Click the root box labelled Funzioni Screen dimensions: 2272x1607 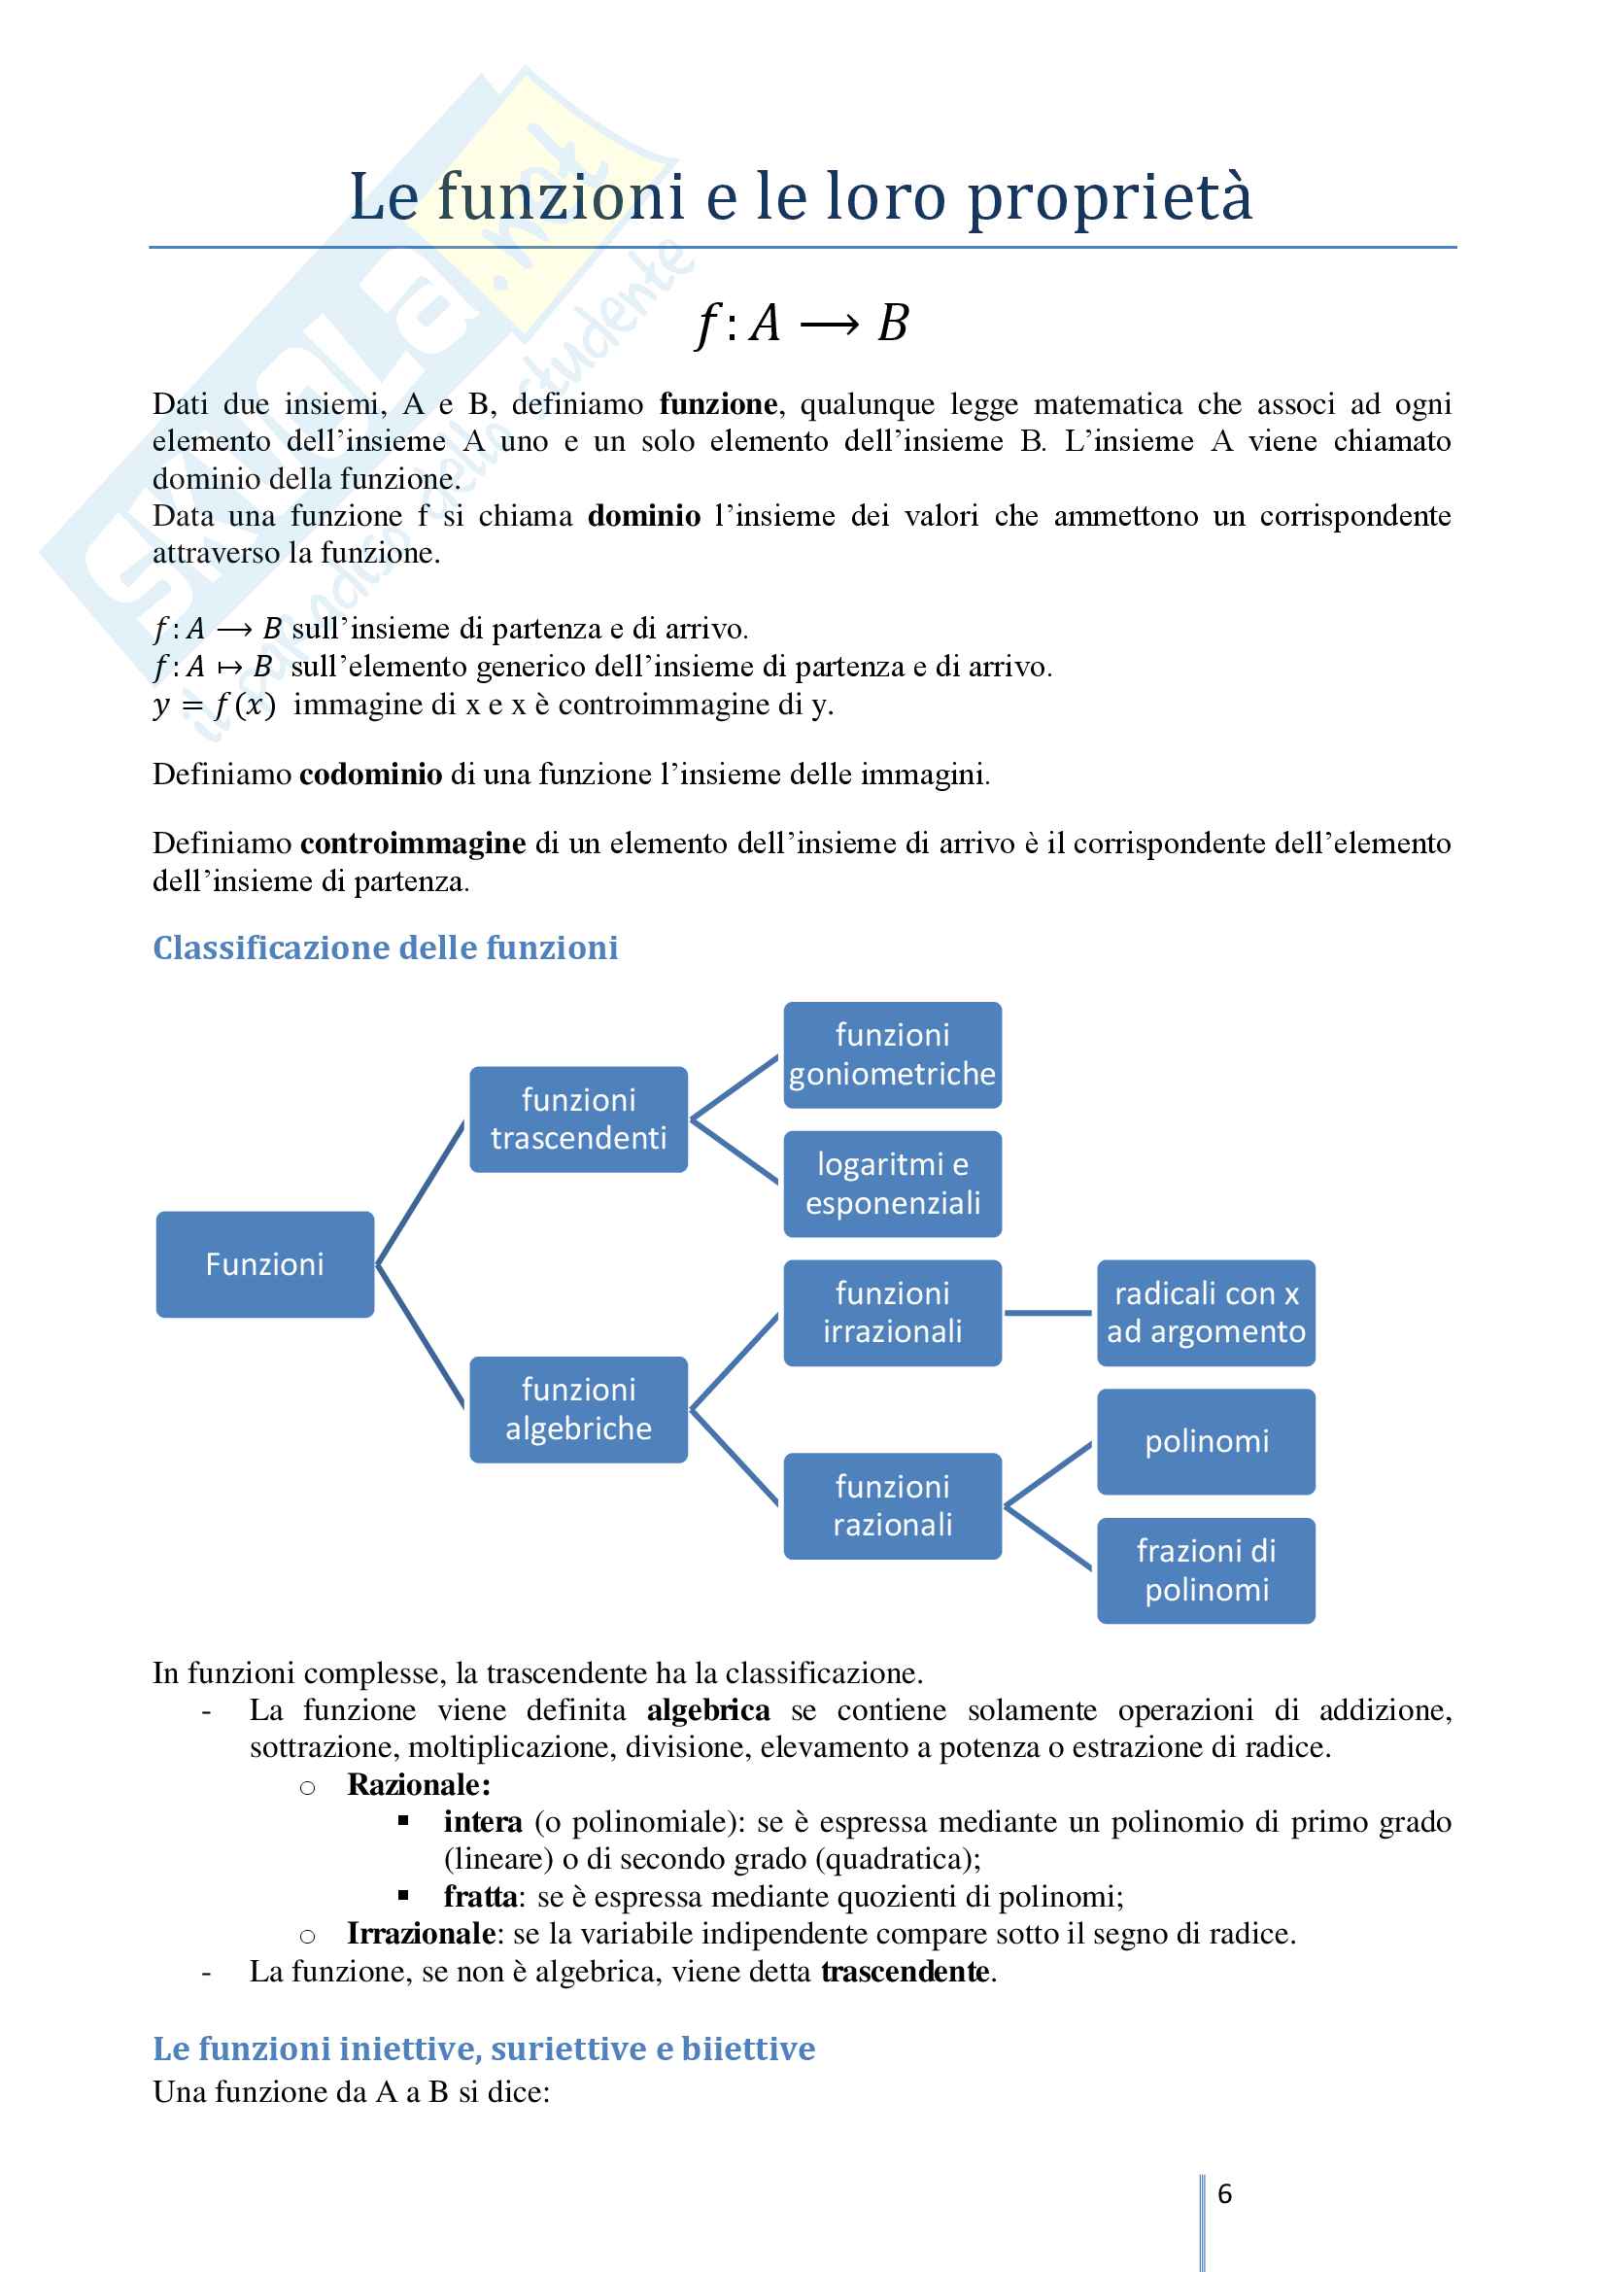coord(264,1263)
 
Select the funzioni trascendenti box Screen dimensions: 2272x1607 coord(578,1119)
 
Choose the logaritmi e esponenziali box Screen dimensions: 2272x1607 coord(892,1184)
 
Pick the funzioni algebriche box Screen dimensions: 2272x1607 coord(578,1409)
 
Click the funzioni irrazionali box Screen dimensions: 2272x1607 coord(892,1312)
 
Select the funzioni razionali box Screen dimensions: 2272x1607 coord(892,1505)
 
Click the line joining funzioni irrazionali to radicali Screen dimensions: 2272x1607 coord(1048,1313)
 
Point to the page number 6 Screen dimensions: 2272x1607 coord(1224,2194)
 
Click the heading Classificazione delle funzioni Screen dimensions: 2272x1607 coord(385,948)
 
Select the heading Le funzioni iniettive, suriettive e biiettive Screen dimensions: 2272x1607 coord(483,2048)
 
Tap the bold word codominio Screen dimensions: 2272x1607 coord(370,774)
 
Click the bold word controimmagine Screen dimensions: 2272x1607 coord(413,843)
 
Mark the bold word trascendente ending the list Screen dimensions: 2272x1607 coord(905,1971)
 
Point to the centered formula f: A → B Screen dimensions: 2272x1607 coord(803,324)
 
